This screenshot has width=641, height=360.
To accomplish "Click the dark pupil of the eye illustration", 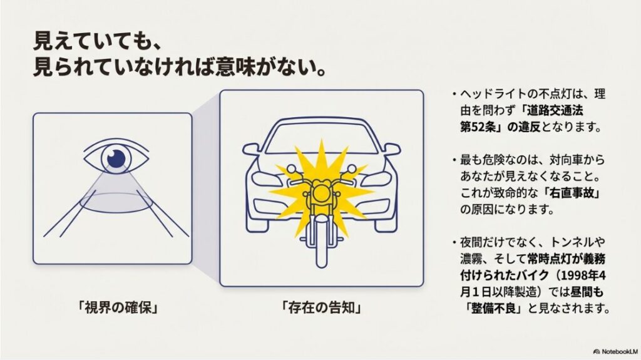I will click(116, 158).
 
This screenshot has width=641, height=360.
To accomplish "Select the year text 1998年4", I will click(577, 275).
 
